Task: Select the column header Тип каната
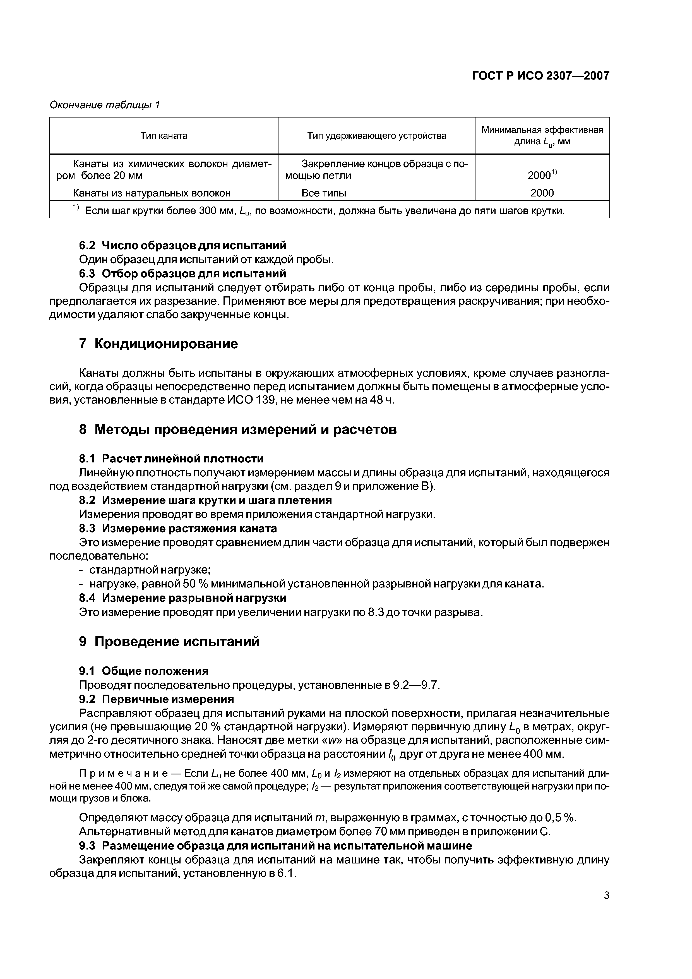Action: (164, 136)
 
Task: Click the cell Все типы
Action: (324, 193)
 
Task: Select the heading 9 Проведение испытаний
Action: (169, 641)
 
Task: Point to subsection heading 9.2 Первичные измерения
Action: (157, 699)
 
